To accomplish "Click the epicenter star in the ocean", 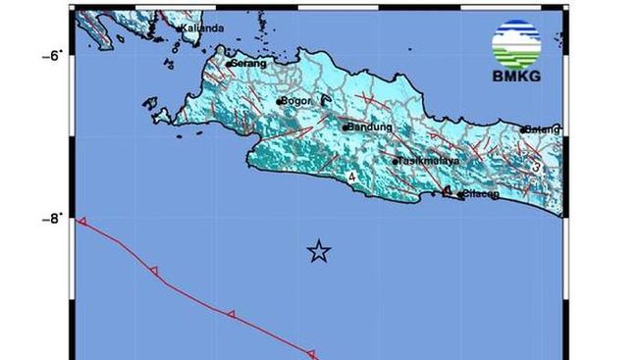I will [x=318, y=251].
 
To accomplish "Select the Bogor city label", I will [x=297, y=101].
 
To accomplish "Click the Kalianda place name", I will [x=203, y=28].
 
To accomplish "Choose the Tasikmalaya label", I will [x=430, y=161].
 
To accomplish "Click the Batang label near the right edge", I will [x=543, y=129].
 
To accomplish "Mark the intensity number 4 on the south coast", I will [x=351, y=178].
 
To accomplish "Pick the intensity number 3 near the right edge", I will [x=537, y=167].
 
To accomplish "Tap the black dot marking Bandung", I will [x=346, y=127].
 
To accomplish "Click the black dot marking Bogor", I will [x=280, y=101].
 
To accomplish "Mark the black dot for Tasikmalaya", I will [x=396, y=162].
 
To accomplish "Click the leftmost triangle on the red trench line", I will [x=82, y=223].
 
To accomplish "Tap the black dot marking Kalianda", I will [x=181, y=28].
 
